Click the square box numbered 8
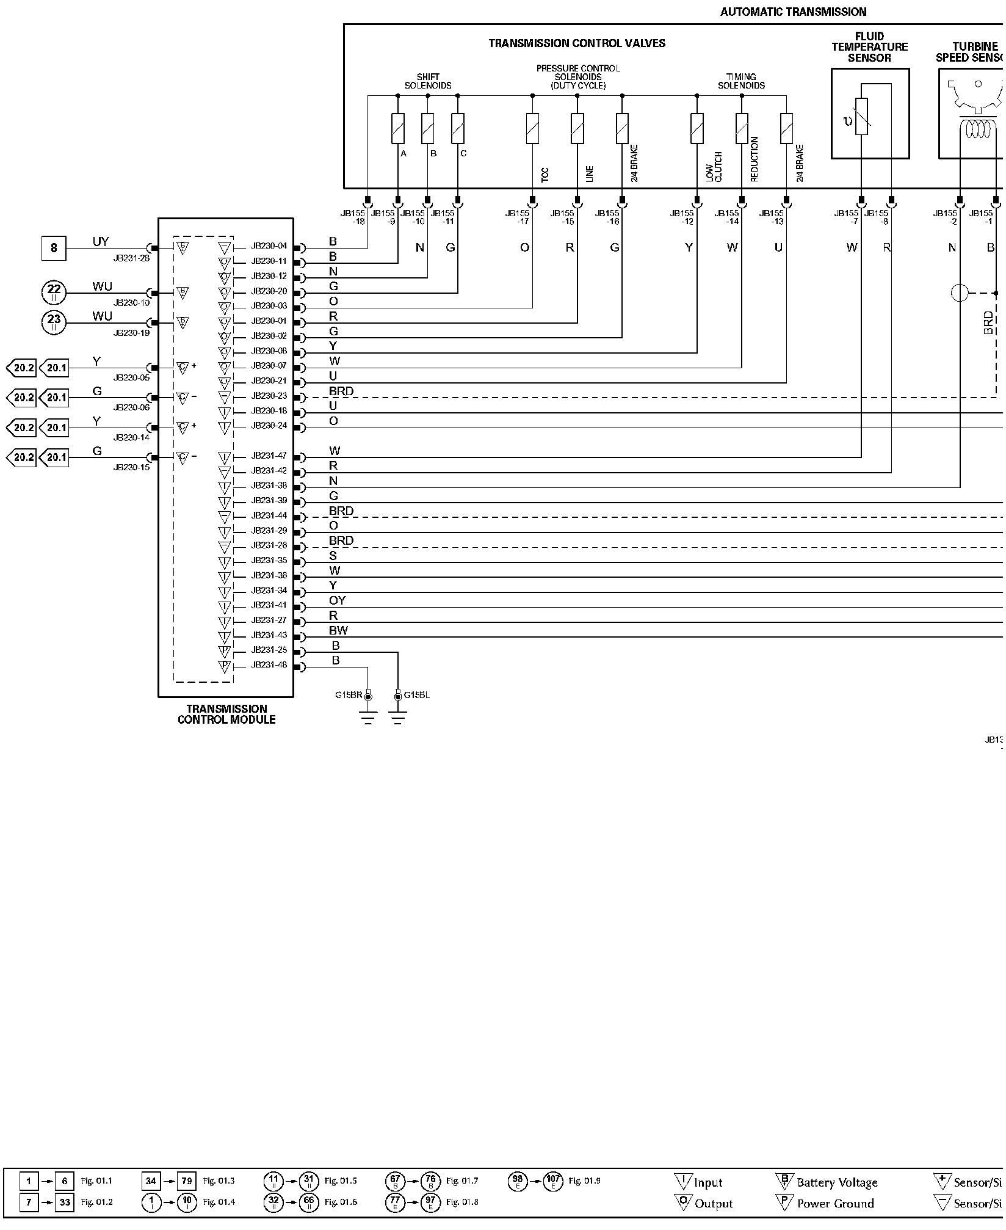(54, 248)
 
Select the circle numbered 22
(54, 293)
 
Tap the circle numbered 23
(54, 322)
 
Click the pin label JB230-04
(269, 247)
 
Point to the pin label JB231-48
(269, 665)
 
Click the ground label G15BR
(349, 695)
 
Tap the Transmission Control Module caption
(226, 714)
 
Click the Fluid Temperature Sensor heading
(869, 47)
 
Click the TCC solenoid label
(545, 175)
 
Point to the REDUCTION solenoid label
(754, 159)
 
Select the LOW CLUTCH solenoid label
(714, 167)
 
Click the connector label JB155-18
(353, 217)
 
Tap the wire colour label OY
(337, 601)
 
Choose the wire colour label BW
(338, 631)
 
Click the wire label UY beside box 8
(101, 242)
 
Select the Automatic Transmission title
(793, 12)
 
